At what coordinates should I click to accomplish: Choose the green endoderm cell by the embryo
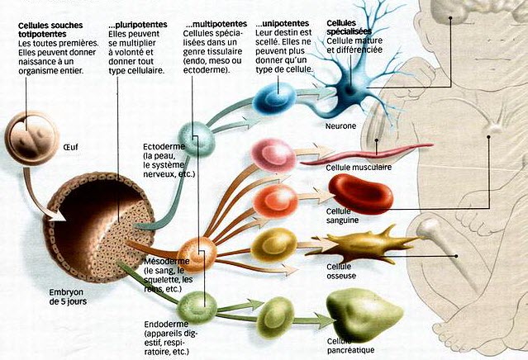coord(198,306)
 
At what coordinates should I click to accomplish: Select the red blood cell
coord(359,195)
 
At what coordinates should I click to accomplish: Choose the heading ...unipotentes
coord(286,23)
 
